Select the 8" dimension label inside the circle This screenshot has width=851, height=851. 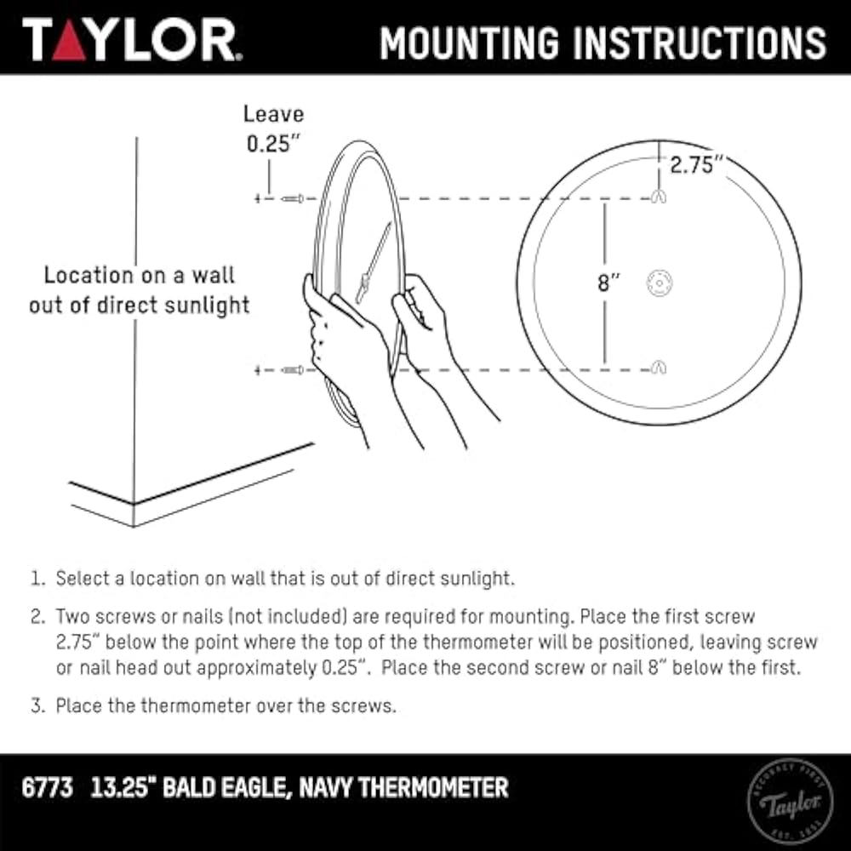coord(608,283)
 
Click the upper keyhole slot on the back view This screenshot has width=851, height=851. coord(659,197)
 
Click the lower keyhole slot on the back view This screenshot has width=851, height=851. coord(659,368)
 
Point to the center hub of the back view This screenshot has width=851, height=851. coord(659,283)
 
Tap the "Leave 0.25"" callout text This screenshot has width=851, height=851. coord(273,129)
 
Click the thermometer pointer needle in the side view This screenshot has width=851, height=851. coord(375,256)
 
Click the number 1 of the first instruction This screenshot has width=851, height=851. coord(36,579)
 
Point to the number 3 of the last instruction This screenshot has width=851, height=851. coord(36,705)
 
